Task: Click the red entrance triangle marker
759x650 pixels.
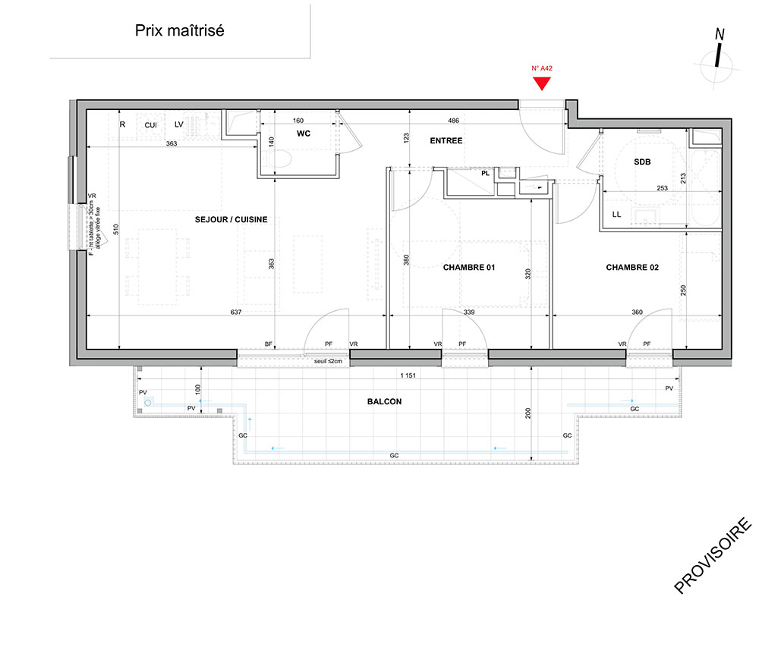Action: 542,83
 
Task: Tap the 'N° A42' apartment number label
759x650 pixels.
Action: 542,68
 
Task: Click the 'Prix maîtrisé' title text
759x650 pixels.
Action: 180,30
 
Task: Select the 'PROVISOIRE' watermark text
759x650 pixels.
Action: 713,556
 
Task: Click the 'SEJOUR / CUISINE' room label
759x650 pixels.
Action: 231,219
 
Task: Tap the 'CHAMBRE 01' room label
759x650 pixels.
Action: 469,268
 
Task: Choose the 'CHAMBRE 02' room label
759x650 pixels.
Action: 632,268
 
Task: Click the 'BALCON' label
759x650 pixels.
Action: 384,401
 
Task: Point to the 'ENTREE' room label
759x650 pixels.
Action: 446,141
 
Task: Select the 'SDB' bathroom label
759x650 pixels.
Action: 642,162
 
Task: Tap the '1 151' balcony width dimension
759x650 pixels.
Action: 408,375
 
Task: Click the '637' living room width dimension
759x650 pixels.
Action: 236,312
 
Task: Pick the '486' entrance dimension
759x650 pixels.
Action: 453,121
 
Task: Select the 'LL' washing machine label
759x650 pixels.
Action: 616,214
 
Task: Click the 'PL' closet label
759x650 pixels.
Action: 486,173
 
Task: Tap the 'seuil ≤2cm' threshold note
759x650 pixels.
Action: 328,361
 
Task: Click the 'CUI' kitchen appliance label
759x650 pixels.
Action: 150,125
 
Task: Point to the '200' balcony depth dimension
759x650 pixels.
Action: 528,413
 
